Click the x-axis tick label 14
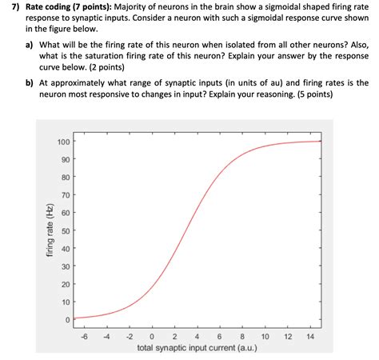[x=310, y=336]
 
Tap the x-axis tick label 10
[x=265, y=336]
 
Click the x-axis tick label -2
[x=129, y=336]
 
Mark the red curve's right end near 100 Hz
[x=320, y=142]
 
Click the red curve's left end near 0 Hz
[x=74, y=318]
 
